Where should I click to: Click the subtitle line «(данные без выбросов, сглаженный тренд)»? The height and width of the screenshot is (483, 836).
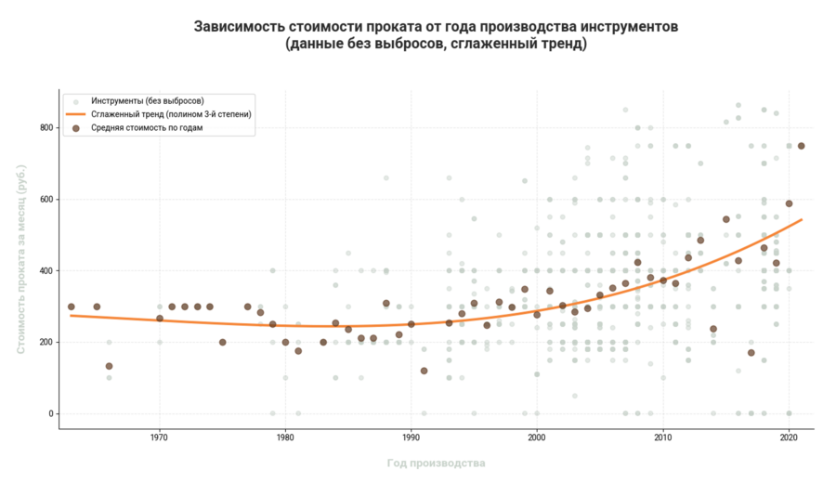point(436,44)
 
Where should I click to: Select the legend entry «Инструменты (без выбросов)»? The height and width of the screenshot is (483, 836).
point(147,100)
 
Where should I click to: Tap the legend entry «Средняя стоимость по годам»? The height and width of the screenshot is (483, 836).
point(147,128)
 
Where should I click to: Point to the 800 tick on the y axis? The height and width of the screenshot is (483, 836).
point(45,127)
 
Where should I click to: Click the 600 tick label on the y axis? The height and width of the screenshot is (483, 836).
point(45,199)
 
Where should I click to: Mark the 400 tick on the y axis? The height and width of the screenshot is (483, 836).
point(45,270)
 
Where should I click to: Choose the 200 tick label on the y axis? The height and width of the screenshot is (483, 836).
point(45,342)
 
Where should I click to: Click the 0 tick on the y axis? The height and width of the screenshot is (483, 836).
point(50,413)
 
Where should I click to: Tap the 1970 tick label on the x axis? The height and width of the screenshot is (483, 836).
point(159,437)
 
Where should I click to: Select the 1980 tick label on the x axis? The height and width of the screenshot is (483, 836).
point(285,437)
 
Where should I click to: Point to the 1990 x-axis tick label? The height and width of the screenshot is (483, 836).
point(411,437)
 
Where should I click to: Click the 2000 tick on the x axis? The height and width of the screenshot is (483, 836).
point(537,437)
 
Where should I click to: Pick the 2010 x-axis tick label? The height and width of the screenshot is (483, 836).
point(663,437)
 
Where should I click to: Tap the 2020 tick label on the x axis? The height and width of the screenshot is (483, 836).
point(789,437)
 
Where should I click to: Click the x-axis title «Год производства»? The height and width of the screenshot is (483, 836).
point(436,463)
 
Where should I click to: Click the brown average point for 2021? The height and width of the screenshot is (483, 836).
point(802,146)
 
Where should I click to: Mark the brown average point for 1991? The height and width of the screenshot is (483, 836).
point(424,371)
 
